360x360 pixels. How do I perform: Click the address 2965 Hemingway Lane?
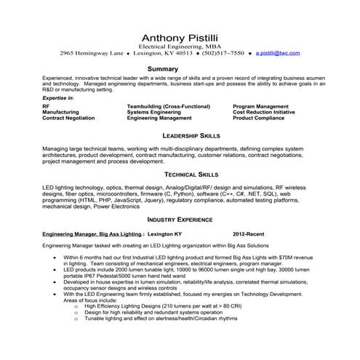point(90,53)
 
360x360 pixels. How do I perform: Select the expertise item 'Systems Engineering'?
point(156,112)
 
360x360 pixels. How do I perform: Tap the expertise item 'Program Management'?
point(265,106)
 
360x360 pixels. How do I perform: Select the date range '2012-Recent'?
point(249,235)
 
